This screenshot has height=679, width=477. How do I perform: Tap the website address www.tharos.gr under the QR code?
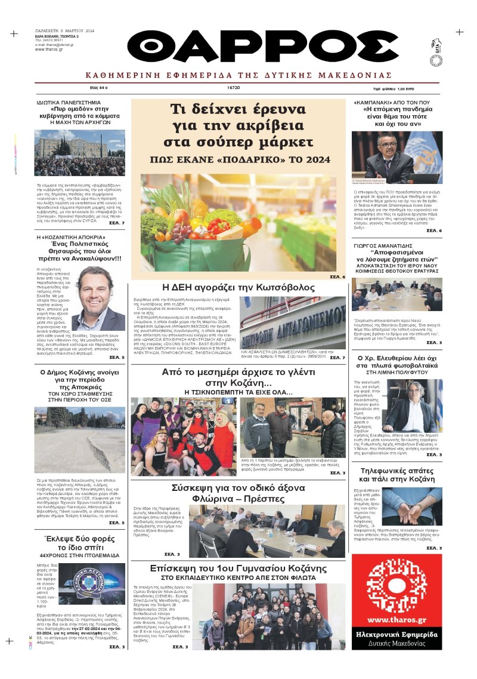click(397, 619)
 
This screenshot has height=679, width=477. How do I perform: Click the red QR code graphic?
click(397, 583)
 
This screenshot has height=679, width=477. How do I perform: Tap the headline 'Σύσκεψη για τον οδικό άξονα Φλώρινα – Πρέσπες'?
click(238, 493)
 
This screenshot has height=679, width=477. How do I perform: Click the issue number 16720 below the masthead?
click(233, 87)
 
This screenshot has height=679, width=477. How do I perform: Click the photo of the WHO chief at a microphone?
click(397, 158)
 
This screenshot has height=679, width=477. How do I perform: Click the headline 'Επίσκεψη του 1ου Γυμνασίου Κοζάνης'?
click(238, 568)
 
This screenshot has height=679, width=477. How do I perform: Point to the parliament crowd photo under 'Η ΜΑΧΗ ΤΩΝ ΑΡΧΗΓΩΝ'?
click(79, 153)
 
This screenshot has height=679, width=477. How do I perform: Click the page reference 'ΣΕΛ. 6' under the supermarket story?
click(337, 277)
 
